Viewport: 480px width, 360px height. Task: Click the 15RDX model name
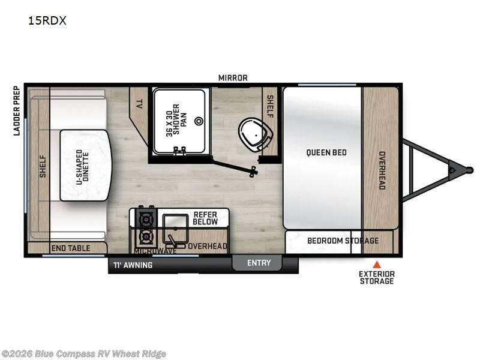pyautogui.click(x=47, y=20)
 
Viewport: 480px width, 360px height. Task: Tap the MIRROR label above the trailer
pyautogui.click(x=233, y=78)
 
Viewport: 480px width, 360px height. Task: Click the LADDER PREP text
pyautogui.click(x=17, y=110)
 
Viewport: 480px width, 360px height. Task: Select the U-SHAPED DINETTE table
pyautogui.click(x=85, y=166)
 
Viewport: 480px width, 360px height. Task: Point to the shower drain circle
pyautogui.click(x=199, y=121)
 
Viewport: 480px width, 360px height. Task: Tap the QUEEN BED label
pyautogui.click(x=326, y=152)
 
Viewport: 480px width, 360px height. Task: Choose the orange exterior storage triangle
pyautogui.click(x=377, y=264)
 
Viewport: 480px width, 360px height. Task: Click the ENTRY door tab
pyautogui.click(x=259, y=263)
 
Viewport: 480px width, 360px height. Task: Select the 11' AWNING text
pyautogui.click(x=133, y=265)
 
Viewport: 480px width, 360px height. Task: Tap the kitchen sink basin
pyautogui.click(x=175, y=227)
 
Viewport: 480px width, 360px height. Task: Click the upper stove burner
pyautogui.click(x=146, y=219)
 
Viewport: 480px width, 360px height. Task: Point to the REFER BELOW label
pyautogui.click(x=205, y=218)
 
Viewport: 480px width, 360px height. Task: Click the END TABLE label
pyautogui.click(x=71, y=248)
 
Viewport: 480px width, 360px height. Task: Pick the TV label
pyautogui.click(x=139, y=104)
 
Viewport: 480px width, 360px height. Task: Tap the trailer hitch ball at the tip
pyautogui.click(x=469, y=170)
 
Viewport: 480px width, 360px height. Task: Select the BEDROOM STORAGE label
pyautogui.click(x=343, y=241)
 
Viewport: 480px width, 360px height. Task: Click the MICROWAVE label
pyautogui.click(x=155, y=251)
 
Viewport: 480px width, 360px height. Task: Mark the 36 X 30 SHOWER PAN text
pyautogui.click(x=176, y=119)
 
